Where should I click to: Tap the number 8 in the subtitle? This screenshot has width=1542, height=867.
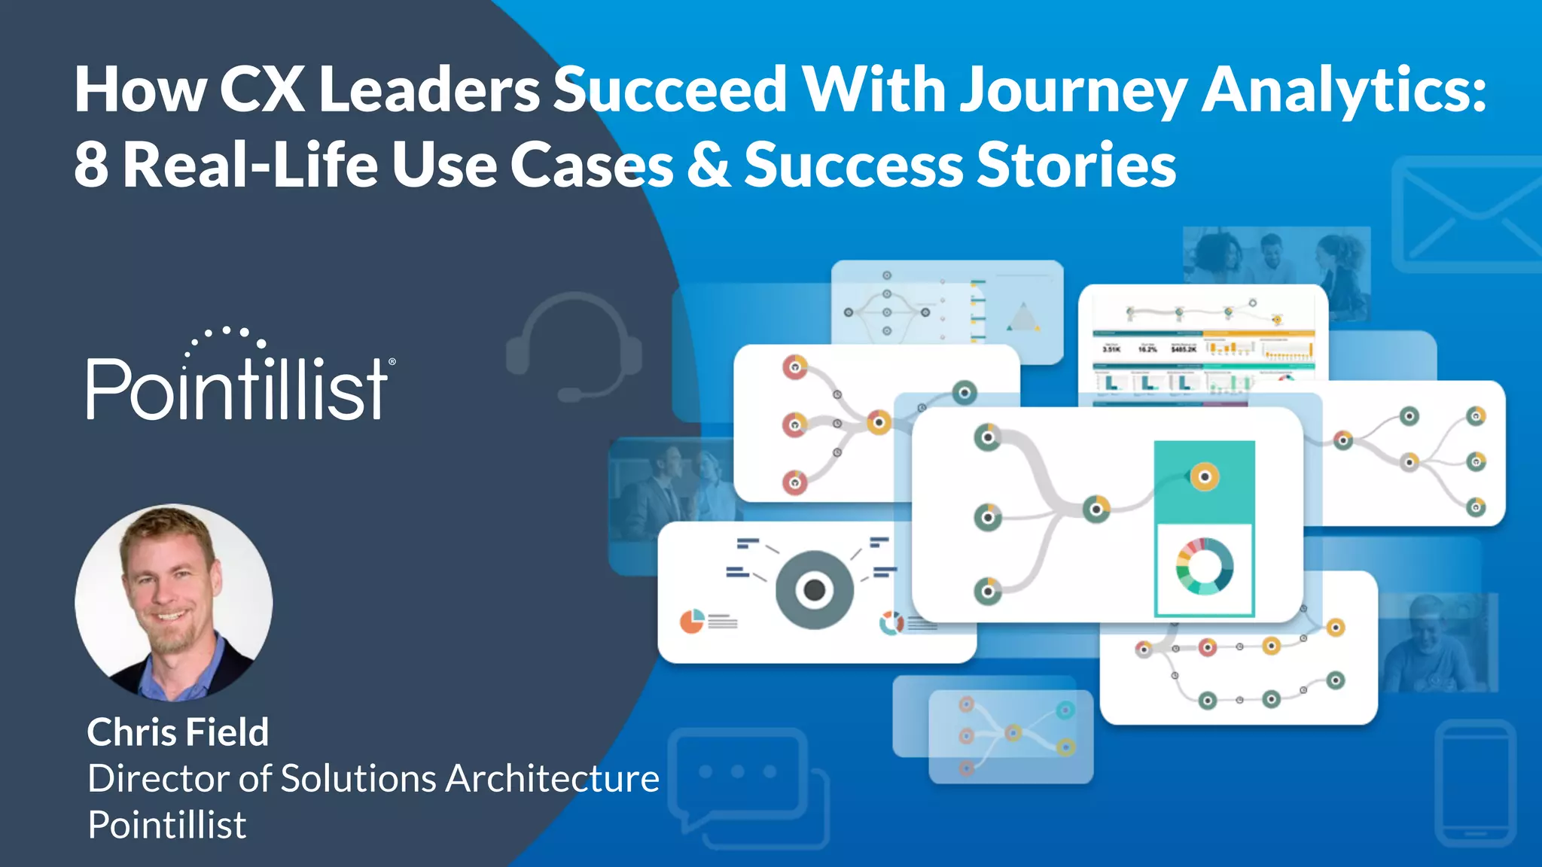(90, 166)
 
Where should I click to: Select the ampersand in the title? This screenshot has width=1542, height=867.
(708, 166)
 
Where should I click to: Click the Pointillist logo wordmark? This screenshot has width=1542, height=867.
(237, 388)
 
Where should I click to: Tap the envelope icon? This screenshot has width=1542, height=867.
(1468, 214)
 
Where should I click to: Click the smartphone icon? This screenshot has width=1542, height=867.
(1476, 783)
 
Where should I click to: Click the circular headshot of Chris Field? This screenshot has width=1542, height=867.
(174, 602)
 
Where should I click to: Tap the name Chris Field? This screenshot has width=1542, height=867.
(178, 732)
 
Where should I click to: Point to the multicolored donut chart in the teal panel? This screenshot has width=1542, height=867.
(1204, 567)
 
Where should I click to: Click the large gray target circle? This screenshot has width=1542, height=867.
(814, 590)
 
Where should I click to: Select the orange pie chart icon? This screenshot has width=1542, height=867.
(691, 621)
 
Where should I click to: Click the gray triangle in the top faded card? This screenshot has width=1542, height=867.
(1023, 318)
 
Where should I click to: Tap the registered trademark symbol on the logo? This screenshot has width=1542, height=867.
(392, 362)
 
